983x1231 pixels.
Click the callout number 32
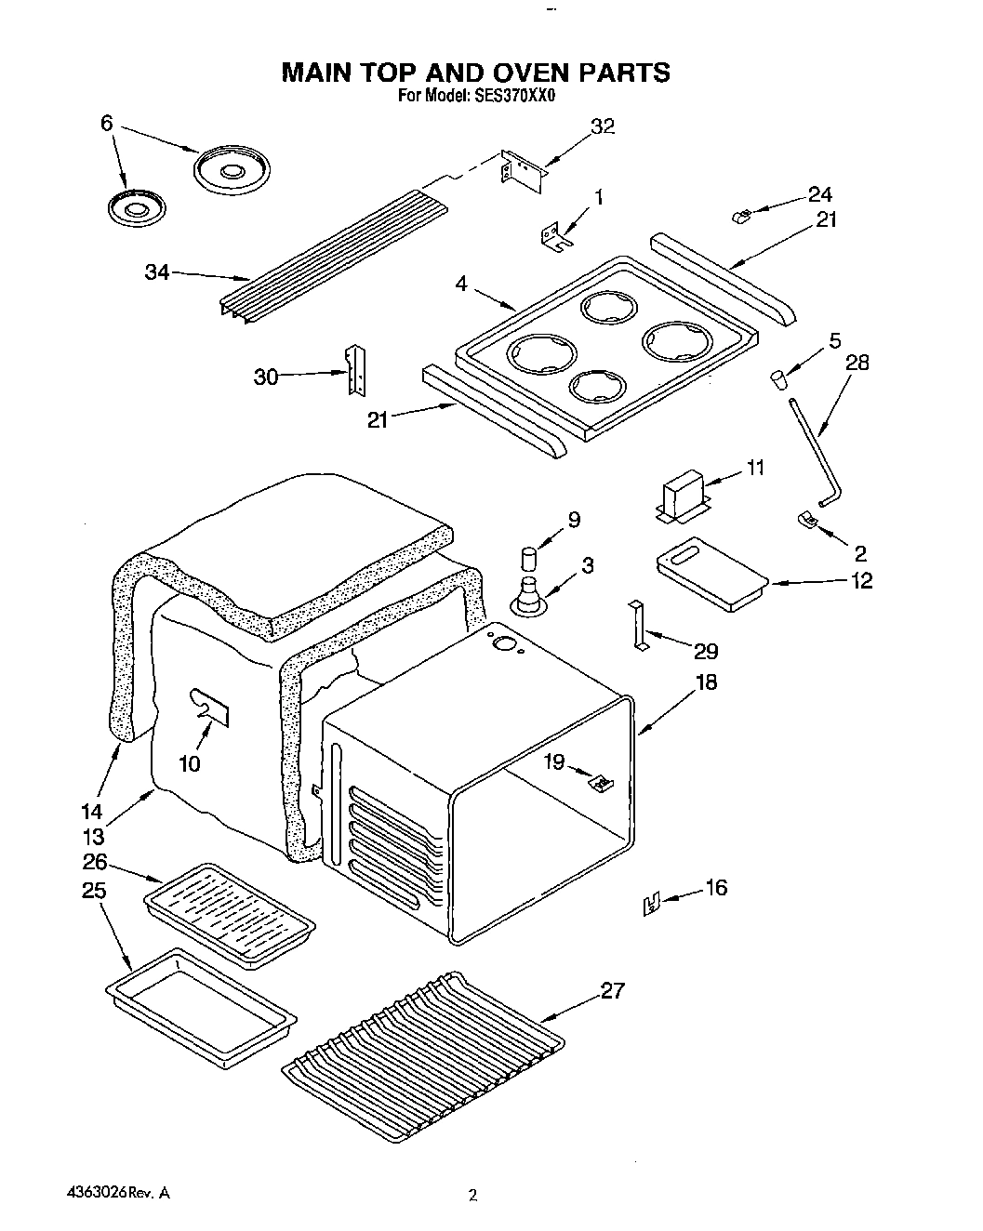pyautogui.click(x=603, y=127)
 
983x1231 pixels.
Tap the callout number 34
pyautogui.click(x=156, y=273)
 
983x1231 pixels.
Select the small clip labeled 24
pyautogui.click(x=742, y=217)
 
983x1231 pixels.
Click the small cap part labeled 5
pyautogui.click(x=777, y=379)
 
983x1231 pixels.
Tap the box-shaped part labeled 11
pyautogui.click(x=683, y=492)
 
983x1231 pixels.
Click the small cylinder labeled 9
pyautogui.click(x=528, y=560)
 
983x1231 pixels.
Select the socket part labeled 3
pyautogui.click(x=530, y=595)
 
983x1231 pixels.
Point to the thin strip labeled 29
pyautogui.click(x=637, y=626)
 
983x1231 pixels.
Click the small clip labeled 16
pyautogui.click(x=652, y=902)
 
